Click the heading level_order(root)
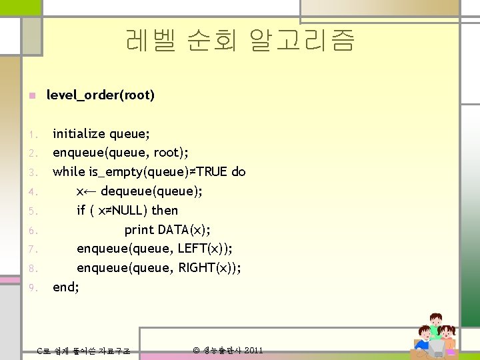tap(100, 95)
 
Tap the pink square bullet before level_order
tap(31, 96)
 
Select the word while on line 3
tap(69, 172)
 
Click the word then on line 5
tap(165, 211)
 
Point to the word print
tap(139, 230)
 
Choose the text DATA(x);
tap(185, 230)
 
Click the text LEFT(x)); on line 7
tap(205, 249)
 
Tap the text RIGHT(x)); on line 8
tap(209, 268)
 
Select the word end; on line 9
tap(66, 287)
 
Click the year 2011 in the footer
tap(253, 350)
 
